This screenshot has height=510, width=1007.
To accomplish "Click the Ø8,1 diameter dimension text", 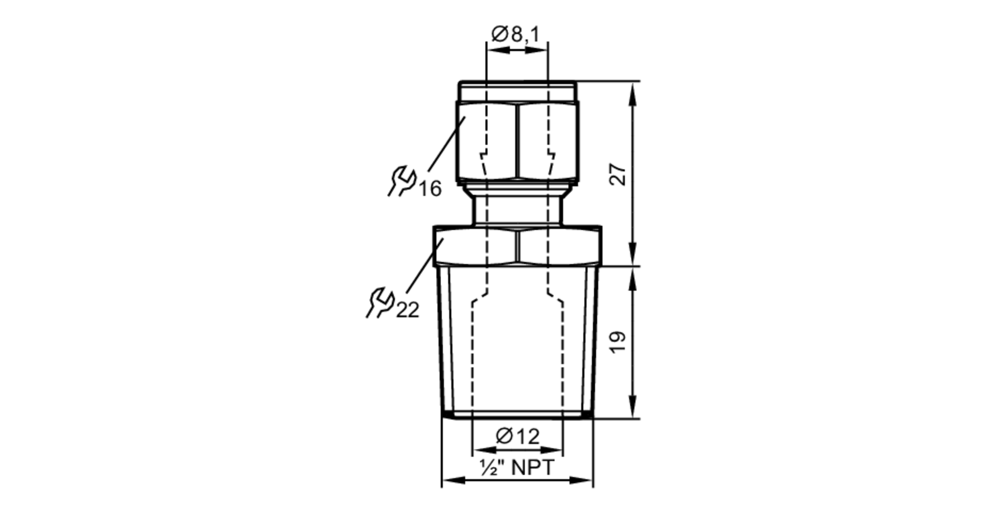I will point(516,35).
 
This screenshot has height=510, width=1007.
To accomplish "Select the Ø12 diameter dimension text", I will point(518,436).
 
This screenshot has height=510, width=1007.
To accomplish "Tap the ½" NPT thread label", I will point(517,468).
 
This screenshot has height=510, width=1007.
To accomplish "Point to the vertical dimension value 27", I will point(618,174).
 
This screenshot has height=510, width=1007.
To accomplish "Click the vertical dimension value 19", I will point(618,342).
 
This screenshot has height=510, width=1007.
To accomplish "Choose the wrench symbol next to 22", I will point(380,302).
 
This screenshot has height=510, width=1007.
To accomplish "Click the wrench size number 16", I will point(430,189).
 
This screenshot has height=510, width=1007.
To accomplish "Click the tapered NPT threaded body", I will point(517,347).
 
